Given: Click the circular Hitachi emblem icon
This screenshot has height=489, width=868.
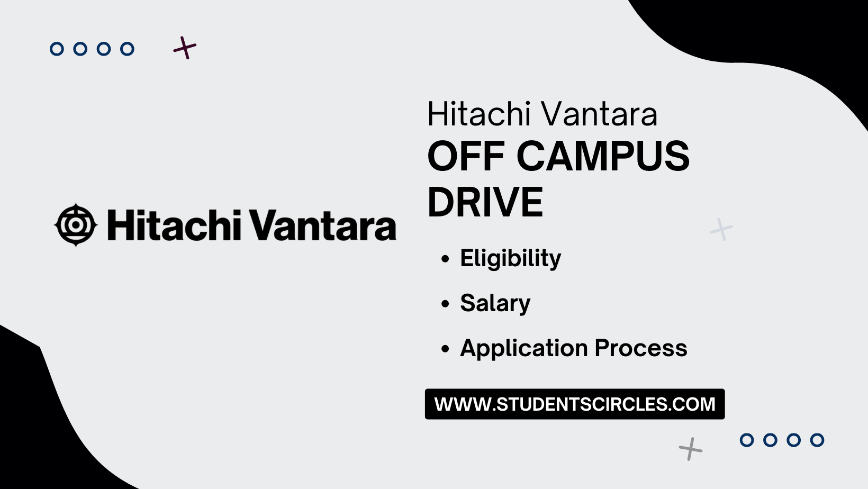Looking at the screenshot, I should click(x=76, y=225).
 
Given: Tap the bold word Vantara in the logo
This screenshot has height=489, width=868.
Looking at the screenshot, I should click(x=322, y=225).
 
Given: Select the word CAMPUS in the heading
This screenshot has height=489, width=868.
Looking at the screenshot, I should click(x=603, y=157).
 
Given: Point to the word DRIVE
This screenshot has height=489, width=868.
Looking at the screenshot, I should click(x=485, y=202).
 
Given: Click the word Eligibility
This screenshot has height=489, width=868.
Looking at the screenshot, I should click(x=510, y=259).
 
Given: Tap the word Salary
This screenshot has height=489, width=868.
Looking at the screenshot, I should click(x=495, y=304).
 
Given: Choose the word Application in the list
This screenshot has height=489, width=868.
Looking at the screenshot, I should click(x=524, y=349).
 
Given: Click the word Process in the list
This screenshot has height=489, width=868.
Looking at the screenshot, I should click(x=640, y=349).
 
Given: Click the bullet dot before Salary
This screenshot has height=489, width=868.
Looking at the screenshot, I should click(x=445, y=304).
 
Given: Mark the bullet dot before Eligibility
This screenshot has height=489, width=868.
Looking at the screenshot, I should click(x=445, y=259).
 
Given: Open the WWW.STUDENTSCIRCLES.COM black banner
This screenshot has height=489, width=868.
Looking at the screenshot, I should click(x=574, y=404).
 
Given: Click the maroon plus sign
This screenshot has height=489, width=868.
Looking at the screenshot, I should click(x=185, y=48).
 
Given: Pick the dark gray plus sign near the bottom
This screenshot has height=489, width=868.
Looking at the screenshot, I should click(x=691, y=449).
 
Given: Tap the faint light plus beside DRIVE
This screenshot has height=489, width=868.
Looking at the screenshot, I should click(x=721, y=229).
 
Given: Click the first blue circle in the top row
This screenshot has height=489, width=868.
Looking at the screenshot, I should click(x=57, y=49).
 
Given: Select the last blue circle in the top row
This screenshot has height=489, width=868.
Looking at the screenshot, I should click(x=127, y=49).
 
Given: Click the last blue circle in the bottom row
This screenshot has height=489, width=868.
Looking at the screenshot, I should click(x=817, y=440).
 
